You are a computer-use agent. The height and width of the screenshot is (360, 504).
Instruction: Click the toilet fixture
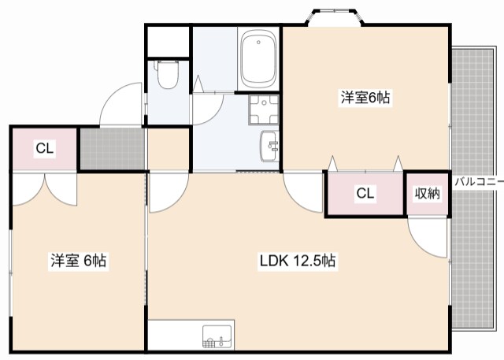pyautogui.click(x=166, y=74)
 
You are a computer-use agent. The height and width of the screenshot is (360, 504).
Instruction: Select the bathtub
pyautogui.click(x=259, y=60)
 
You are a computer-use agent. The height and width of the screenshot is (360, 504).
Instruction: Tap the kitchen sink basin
pyautogui.click(x=217, y=336)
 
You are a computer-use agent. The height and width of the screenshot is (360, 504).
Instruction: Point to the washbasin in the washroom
pyautogui.click(x=269, y=147)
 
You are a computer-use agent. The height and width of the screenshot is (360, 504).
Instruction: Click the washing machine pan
pyautogui.click(x=264, y=109)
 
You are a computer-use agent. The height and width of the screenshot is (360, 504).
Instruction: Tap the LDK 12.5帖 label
pyautogui.click(x=298, y=261)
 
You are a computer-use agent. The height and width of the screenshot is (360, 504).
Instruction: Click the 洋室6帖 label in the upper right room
pyautogui.click(x=365, y=98)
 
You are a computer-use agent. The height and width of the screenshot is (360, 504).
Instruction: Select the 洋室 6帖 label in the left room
pyautogui.click(x=79, y=261)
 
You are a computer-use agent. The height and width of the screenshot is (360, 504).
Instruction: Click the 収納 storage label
pyautogui.click(x=427, y=194)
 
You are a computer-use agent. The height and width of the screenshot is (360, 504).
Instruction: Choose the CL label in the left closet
pyautogui.click(x=45, y=149)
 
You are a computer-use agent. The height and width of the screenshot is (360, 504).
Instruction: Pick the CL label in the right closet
pyautogui.click(x=365, y=194)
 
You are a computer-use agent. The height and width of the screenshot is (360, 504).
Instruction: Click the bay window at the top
pyautogui.click(x=335, y=17)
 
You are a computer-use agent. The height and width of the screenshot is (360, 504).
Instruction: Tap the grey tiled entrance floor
pyautogui.click(x=112, y=149)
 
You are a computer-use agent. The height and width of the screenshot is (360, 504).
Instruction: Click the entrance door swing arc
pyautogui.click(x=120, y=103)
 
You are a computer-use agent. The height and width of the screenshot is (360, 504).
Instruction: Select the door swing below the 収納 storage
pyautogui.click(x=427, y=238)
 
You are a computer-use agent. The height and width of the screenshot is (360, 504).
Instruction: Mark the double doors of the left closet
pyautogui.click(x=45, y=189)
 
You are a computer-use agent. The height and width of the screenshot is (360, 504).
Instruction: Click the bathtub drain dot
pyautogui.click(x=258, y=42)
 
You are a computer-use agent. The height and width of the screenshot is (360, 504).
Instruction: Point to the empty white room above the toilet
pyautogui.click(x=168, y=42)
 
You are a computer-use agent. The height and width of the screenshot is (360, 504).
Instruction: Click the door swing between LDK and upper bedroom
pyautogui.click(x=302, y=193)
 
